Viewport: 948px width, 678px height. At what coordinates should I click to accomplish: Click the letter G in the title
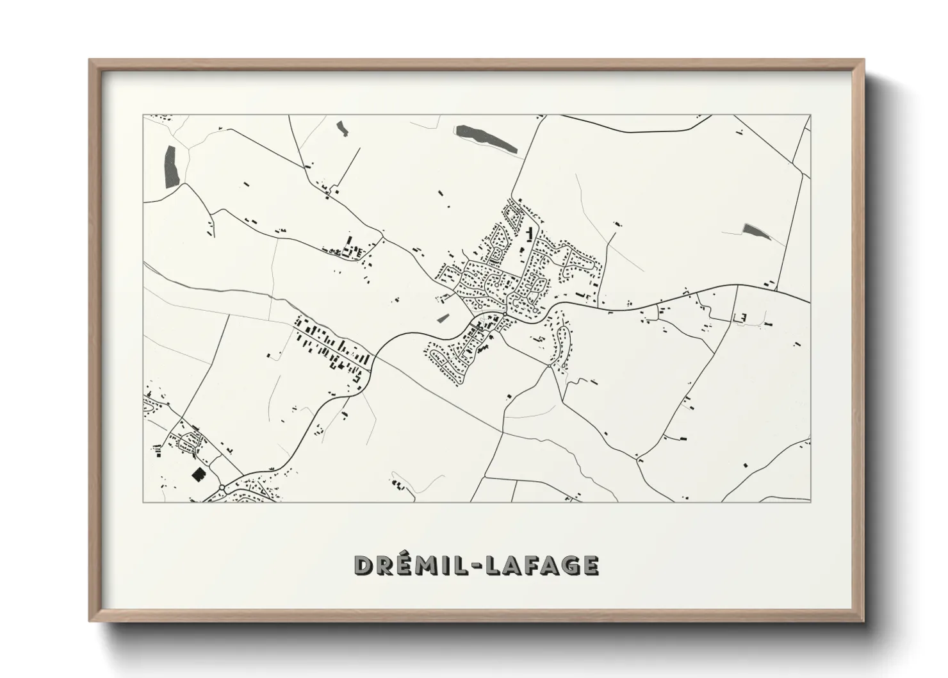click(569, 565)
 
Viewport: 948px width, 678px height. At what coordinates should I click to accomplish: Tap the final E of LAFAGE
click(591, 565)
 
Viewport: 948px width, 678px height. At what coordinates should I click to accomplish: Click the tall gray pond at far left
click(170, 167)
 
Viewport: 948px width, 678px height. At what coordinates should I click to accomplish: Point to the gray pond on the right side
click(756, 231)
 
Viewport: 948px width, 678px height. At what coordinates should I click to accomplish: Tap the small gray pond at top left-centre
click(343, 128)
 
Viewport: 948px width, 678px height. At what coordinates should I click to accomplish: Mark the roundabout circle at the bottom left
click(222, 488)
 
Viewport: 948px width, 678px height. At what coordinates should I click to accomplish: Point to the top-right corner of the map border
click(810, 115)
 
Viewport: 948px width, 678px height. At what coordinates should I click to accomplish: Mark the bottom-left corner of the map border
click(143, 502)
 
